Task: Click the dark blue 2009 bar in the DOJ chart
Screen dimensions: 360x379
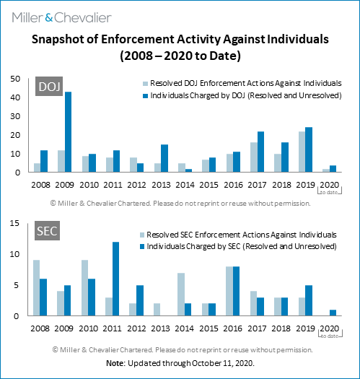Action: click(68, 132)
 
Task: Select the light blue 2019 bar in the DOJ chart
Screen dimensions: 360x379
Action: click(302, 152)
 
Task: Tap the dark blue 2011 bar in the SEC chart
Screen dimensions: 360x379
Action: click(115, 279)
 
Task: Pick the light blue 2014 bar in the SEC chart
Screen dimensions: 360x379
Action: click(181, 295)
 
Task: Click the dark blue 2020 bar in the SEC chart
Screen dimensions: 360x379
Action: click(333, 313)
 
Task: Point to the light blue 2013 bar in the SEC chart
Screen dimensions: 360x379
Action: click(157, 310)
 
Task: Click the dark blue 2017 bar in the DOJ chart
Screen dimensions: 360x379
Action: click(260, 152)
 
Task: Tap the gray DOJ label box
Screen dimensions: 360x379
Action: click(49, 87)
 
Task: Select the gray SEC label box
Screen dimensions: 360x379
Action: click(47, 230)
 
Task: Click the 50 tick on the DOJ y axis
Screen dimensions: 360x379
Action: click(15, 79)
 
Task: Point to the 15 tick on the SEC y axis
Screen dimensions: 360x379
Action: click(14, 223)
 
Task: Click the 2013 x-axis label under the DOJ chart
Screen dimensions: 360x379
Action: click(161, 185)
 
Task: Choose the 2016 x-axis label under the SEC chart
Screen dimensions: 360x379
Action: click(233, 328)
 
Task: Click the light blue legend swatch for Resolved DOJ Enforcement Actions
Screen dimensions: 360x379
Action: click(145, 84)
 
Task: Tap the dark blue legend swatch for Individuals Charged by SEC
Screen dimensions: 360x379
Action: click(142, 246)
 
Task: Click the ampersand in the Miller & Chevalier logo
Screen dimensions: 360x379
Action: click(49, 18)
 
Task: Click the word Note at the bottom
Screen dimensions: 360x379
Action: click(115, 363)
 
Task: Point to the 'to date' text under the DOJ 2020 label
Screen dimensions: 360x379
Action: click(329, 193)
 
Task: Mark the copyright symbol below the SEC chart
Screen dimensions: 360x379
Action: click(56, 349)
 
